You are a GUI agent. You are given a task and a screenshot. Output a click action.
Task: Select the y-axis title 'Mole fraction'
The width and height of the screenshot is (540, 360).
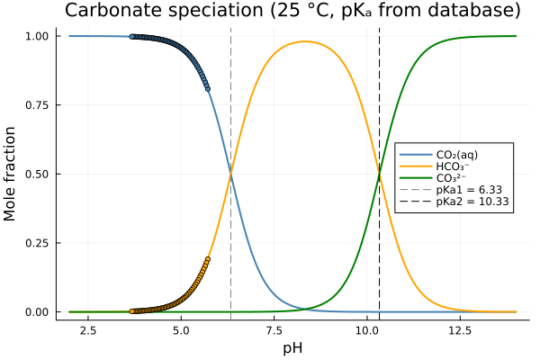click(x=11, y=174)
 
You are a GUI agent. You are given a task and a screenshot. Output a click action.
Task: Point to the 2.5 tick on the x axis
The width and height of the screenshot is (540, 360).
click(x=88, y=331)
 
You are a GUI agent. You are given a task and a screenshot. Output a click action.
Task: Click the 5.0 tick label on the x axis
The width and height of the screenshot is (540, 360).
click(x=181, y=331)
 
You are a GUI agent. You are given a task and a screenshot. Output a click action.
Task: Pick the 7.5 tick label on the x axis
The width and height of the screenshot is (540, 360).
click(x=274, y=331)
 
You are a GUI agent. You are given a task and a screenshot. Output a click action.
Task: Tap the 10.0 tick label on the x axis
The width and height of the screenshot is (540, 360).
click(x=366, y=331)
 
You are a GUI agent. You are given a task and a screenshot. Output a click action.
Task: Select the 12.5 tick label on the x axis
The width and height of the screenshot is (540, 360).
click(x=459, y=331)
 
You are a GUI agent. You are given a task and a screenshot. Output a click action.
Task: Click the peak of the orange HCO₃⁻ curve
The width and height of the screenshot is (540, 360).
click(x=305, y=41)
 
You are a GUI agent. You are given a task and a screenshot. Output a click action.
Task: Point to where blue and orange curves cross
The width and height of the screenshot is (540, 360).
click(x=231, y=174)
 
